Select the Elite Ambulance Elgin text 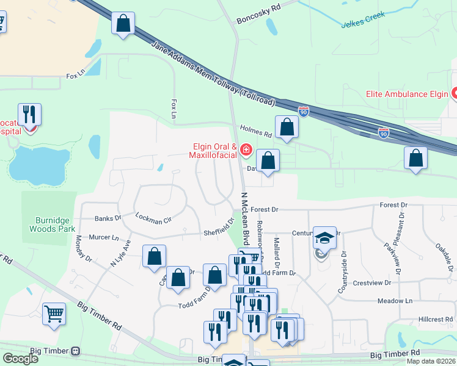(406, 94)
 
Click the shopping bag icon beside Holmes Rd (287, 127)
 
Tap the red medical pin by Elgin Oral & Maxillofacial (246, 149)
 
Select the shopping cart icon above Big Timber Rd (54, 314)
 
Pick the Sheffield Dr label (218, 230)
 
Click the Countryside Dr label (343, 271)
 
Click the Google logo (20, 359)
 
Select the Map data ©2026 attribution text (431, 361)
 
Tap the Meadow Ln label (395, 301)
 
